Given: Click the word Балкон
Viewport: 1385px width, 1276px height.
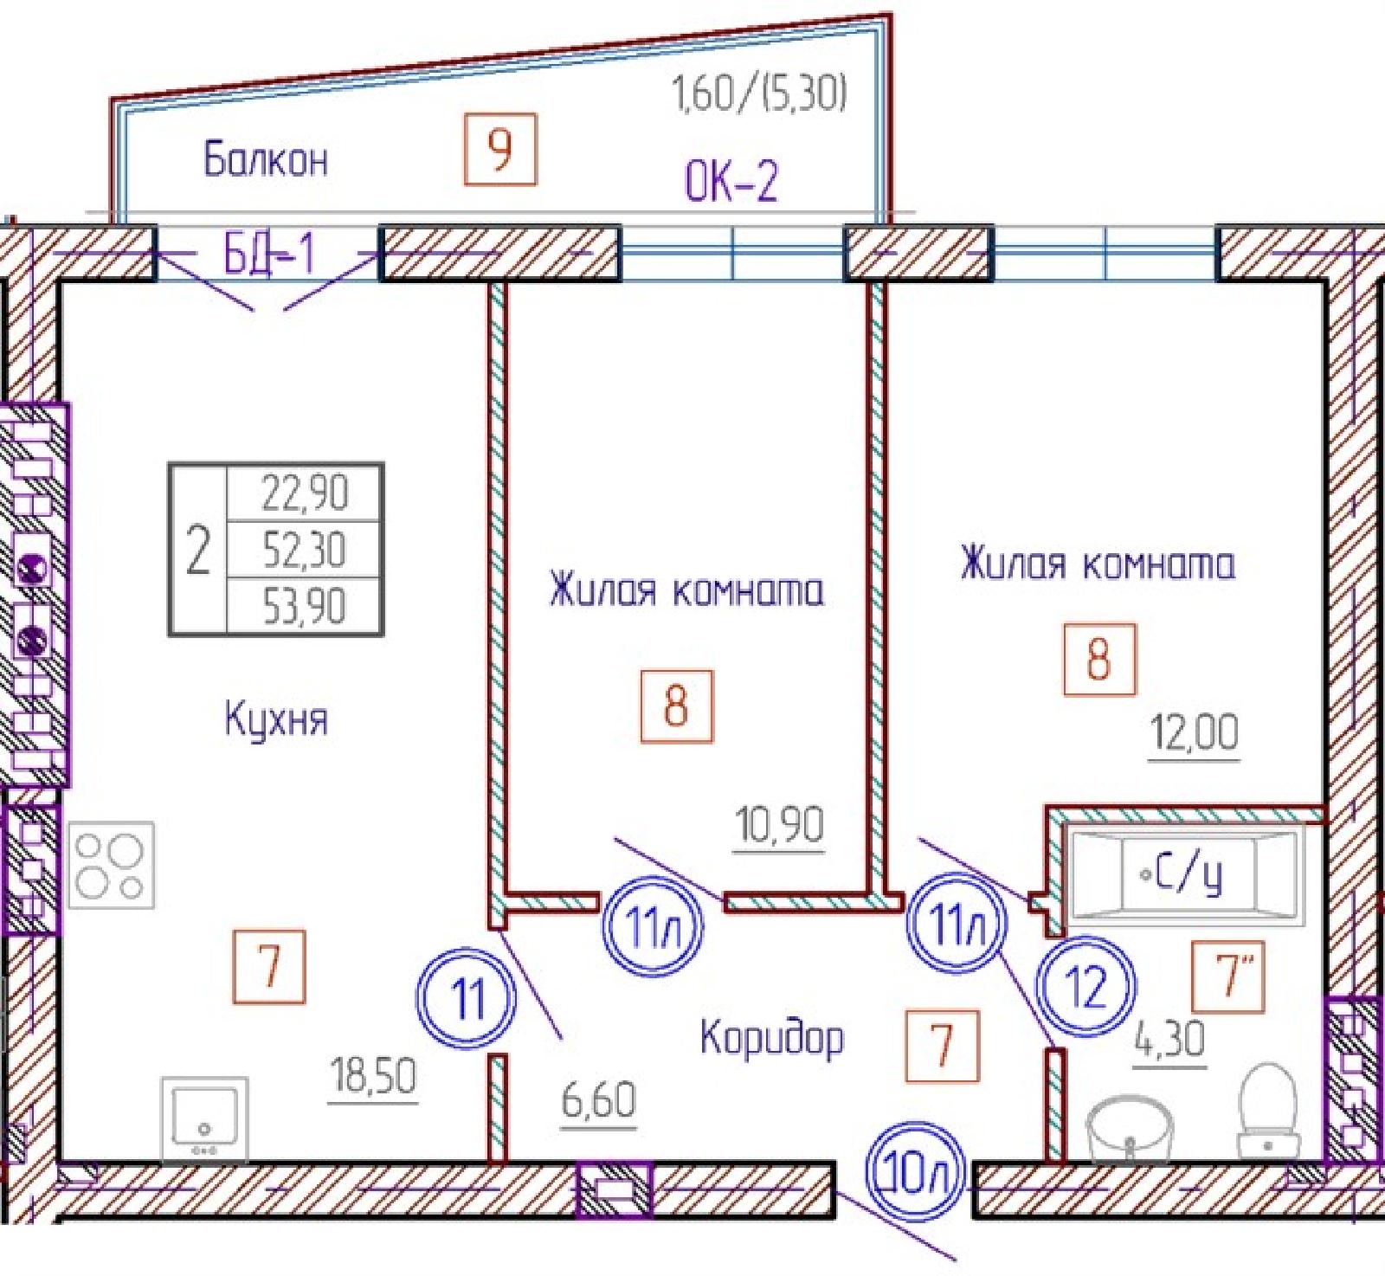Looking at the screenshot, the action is [266, 160].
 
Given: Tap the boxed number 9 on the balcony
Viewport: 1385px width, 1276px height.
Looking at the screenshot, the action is [500, 149].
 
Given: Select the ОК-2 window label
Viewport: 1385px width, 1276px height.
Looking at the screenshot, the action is [731, 181].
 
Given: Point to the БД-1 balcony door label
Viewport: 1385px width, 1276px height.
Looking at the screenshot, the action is [268, 255].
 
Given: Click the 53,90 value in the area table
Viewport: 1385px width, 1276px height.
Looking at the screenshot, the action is [305, 606].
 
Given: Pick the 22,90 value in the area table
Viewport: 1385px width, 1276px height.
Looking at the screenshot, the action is [305, 493].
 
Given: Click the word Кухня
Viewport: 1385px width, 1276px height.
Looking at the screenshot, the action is [276, 719].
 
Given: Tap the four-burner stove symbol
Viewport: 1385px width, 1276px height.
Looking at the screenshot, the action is [111, 865].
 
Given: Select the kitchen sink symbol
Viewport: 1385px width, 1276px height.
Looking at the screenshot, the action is [204, 1119].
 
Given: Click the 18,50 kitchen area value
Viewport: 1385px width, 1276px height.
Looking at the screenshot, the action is [374, 1077].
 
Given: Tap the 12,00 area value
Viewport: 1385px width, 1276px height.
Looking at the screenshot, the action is [1194, 733].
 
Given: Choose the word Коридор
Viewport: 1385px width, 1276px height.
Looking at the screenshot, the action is [771, 1037].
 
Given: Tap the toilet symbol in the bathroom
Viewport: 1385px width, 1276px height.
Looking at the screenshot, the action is [1268, 1110].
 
